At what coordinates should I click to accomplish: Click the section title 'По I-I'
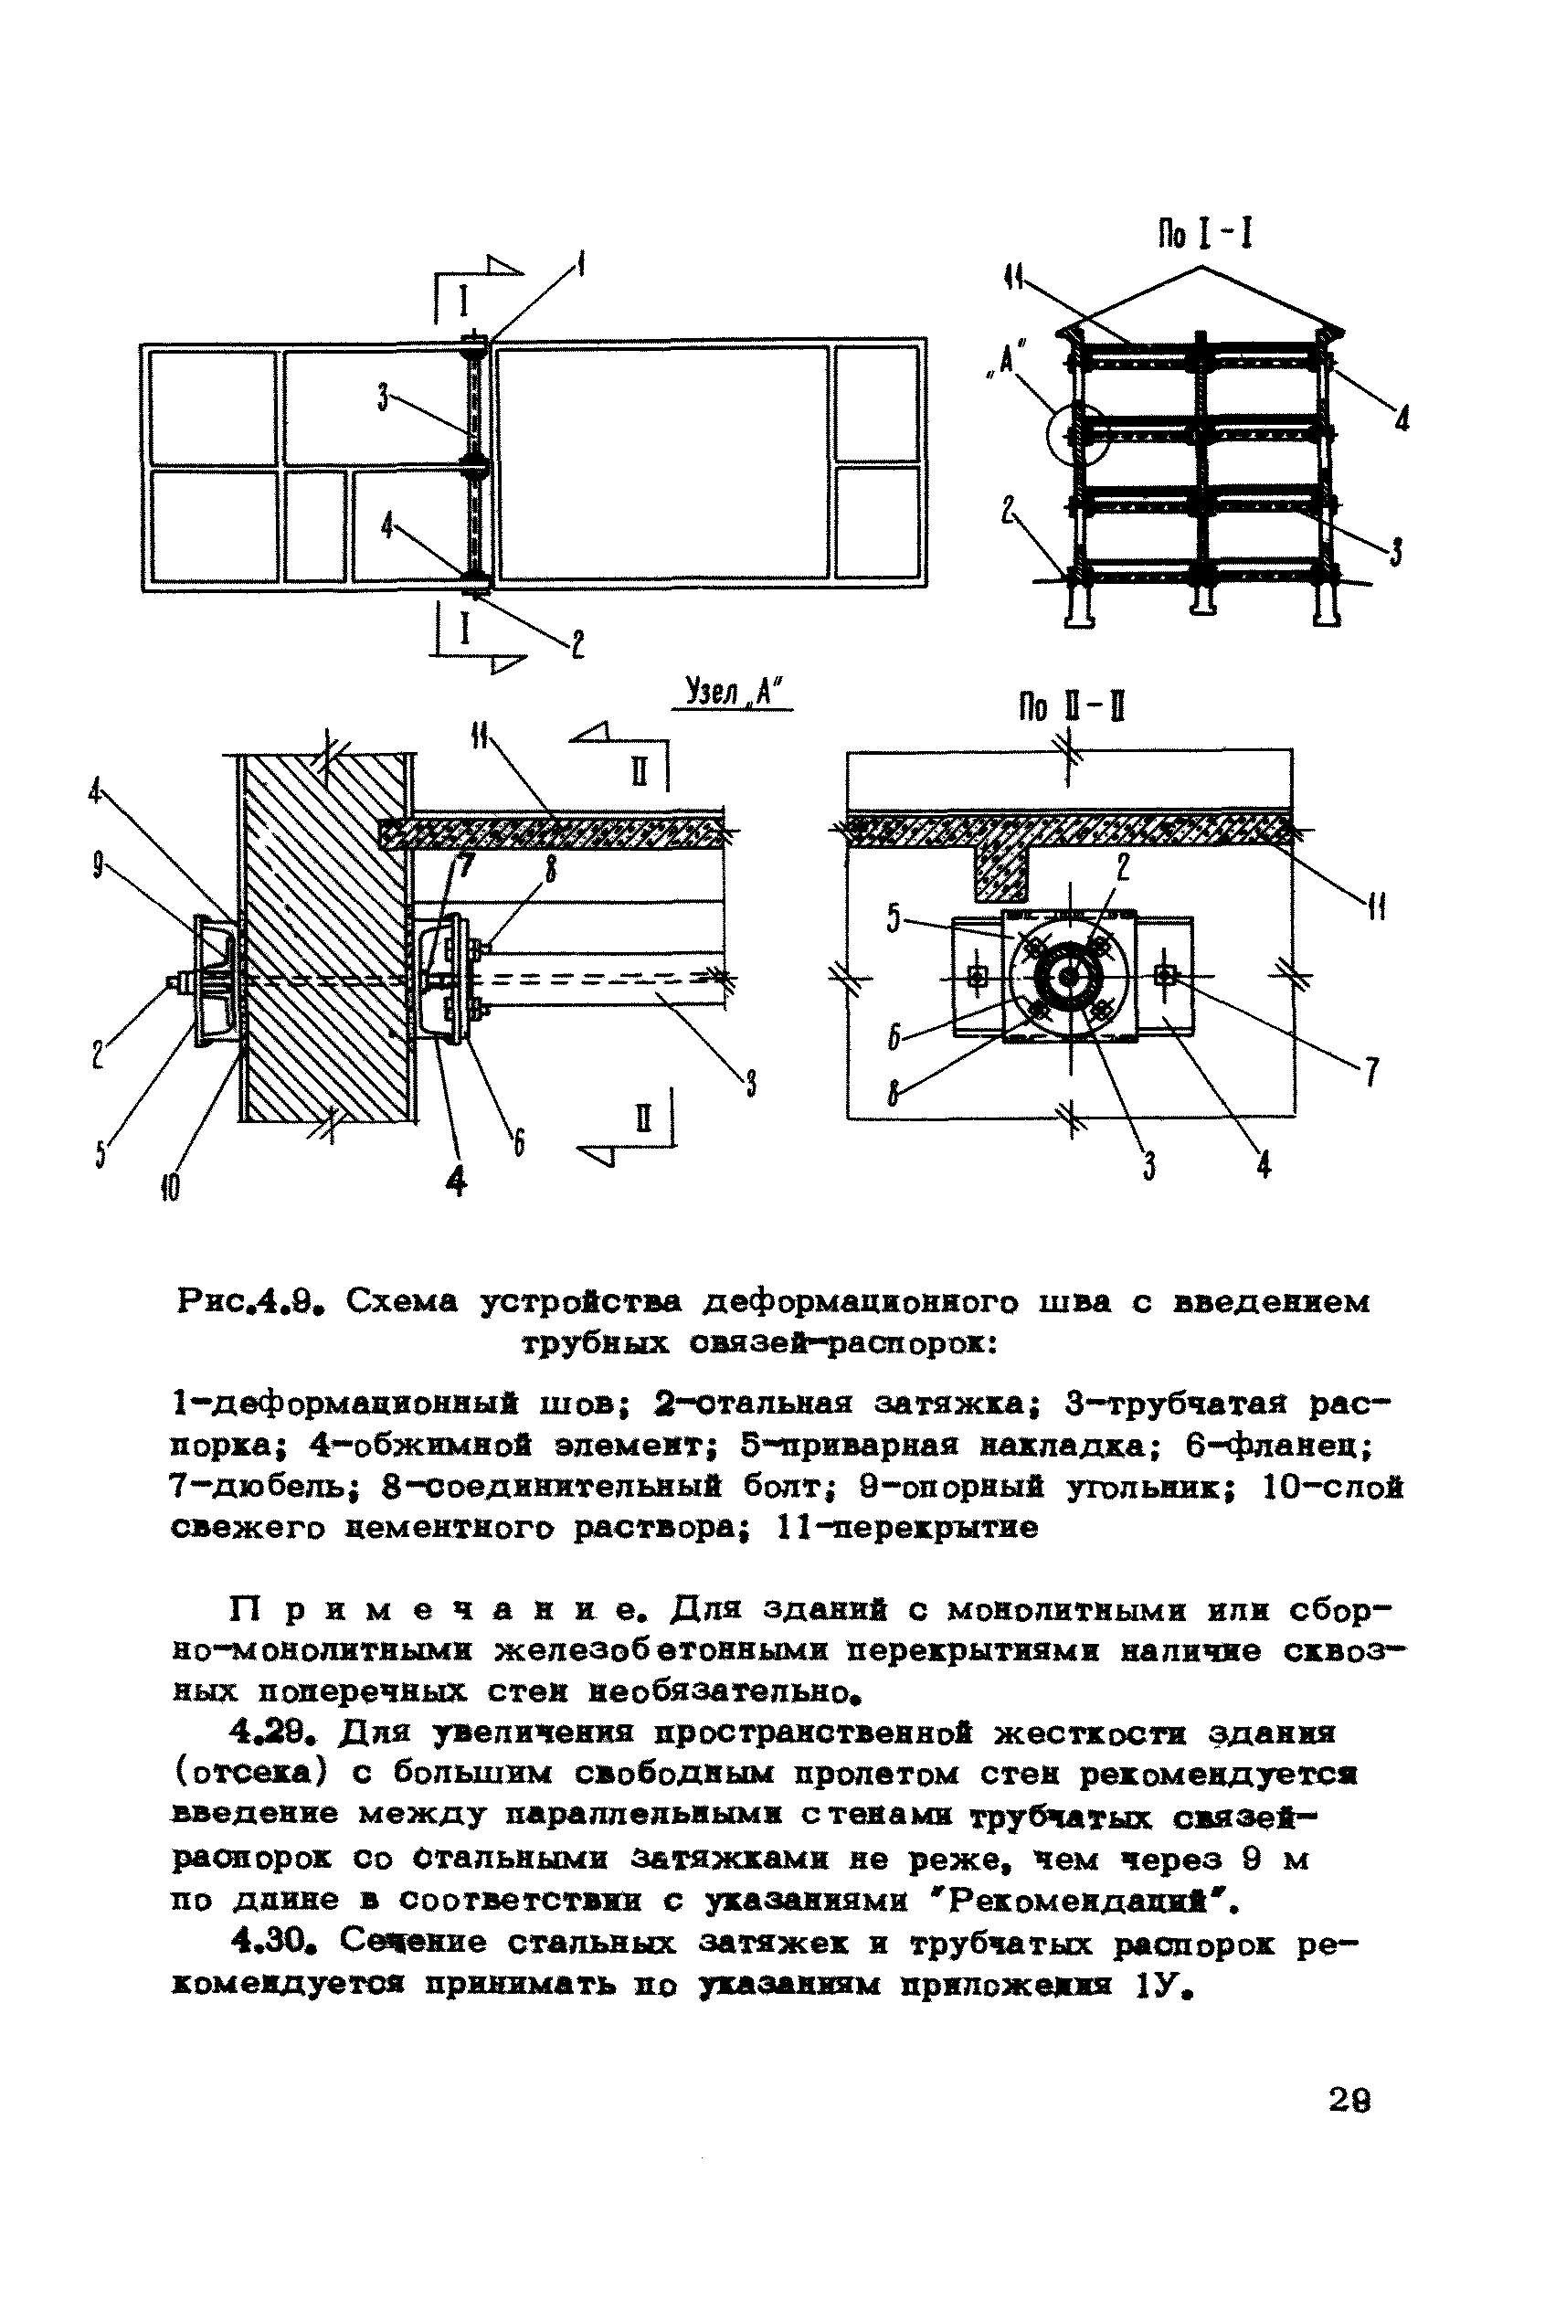click(1204, 234)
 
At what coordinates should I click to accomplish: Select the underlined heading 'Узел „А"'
click(733, 691)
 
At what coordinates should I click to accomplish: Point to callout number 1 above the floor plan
click(581, 266)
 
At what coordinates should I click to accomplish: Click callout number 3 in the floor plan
click(383, 397)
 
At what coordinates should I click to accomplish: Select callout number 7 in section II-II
click(1372, 1072)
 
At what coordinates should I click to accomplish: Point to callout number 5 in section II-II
click(894, 917)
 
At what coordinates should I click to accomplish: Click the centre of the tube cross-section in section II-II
click(1070, 978)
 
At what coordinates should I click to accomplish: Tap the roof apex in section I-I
click(1202, 267)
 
